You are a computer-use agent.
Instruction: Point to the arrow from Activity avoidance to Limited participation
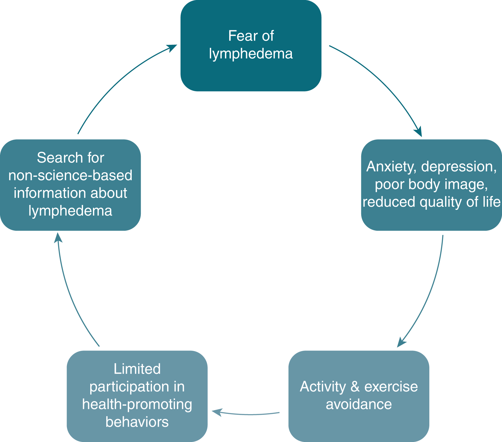click(x=248, y=414)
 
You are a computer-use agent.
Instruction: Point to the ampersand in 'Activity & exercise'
click(x=355, y=387)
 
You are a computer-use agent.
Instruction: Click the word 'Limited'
click(x=137, y=369)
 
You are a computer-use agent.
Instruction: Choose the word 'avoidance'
click(x=359, y=404)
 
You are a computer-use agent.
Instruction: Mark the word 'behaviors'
click(x=137, y=422)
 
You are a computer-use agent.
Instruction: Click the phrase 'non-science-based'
click(x=70, y=175)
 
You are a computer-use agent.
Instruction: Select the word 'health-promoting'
click(x=137, y=404)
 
